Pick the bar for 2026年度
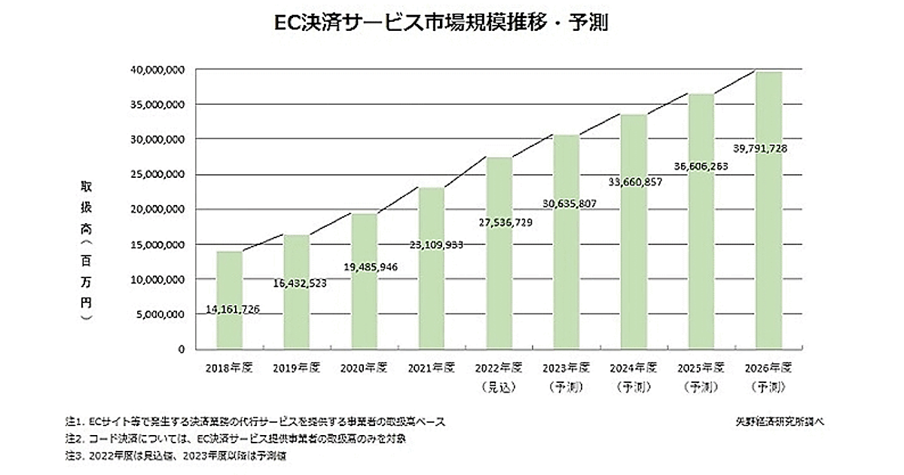766,210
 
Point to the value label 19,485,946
364,267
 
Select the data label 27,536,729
499,223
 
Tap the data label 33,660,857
634,181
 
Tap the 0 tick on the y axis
182,350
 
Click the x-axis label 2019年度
297,369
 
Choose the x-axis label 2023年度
566,369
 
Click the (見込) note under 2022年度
499,386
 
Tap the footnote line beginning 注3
178,456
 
